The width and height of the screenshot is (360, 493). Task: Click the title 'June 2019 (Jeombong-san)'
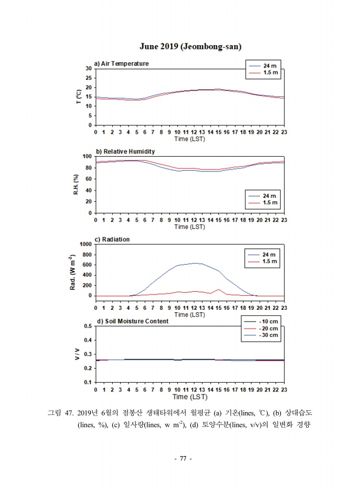click(190, 46)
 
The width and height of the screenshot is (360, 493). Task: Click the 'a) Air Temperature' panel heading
click(122, 63)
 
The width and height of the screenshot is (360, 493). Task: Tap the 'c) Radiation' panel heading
click(112, 239)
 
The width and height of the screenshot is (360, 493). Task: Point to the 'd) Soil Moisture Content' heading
click(132, 321)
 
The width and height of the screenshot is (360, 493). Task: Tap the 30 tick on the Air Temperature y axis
click(89, 69)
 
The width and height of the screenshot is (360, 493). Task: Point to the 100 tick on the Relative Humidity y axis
click(88, 157)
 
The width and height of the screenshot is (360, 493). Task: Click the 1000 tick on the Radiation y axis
click(85, 244)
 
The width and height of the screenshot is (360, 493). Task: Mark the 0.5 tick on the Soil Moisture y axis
click(88, 326)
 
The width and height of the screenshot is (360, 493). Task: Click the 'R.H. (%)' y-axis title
click(76, 184)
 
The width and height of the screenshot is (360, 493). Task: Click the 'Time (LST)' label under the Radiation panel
click(190, 315)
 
